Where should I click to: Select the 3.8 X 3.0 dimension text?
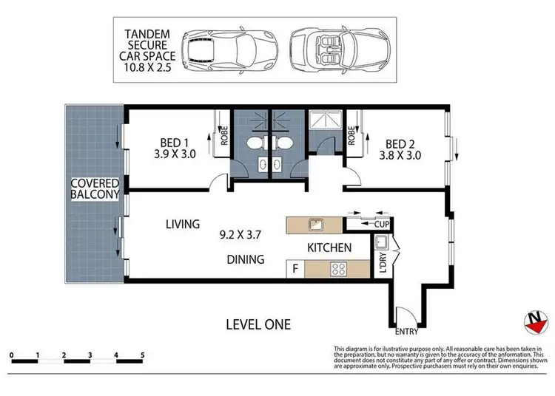point(401,156)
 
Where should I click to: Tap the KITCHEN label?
point(329,248)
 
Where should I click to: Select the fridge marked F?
point(296,269)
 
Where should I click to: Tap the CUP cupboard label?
point(382,223)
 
